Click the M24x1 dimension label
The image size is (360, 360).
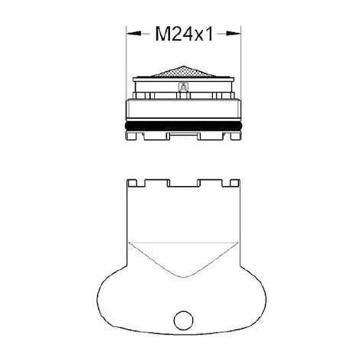(x=184, y=34)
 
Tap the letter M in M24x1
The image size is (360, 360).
(x=162, y=34)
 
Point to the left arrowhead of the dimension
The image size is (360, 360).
(x=134, y=34)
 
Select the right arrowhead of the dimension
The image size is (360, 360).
(x=234, y=34)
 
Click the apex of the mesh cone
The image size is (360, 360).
(x=183, y=67)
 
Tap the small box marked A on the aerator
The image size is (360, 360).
(x=183, y=87)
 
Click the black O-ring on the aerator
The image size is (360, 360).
(x=183, y=126)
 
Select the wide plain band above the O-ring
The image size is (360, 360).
(x=183, y=109)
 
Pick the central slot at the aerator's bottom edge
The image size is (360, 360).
(x=184, y=135)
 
